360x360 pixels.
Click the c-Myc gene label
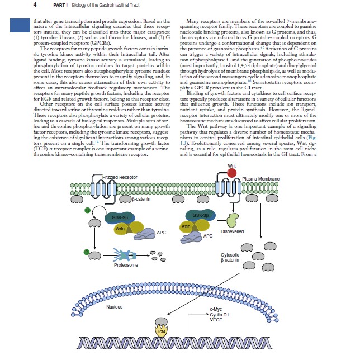click(216, 308)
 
